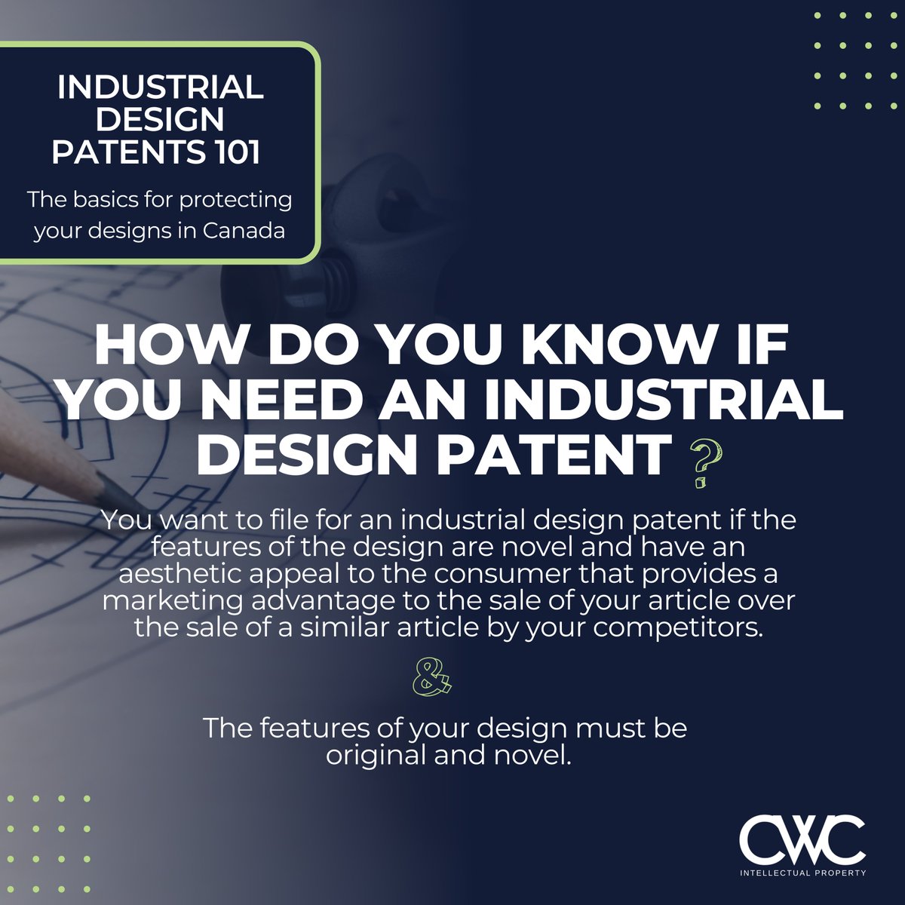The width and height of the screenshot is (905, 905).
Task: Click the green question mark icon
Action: (701, 465)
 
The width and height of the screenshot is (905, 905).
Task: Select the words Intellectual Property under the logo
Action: (802, 873)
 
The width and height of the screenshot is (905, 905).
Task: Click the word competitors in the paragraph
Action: (679, 629)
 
